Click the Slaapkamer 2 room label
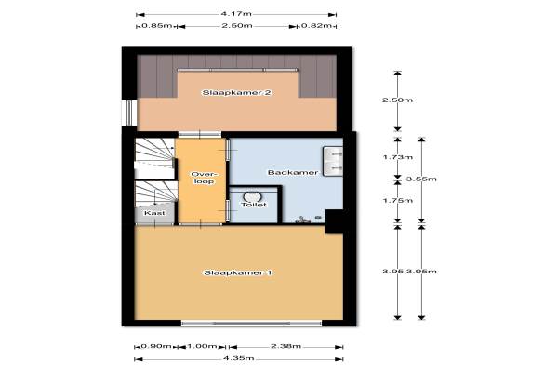[x=237, y=93]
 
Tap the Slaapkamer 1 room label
[x=238, y=273]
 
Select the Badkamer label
[x=293, y=173]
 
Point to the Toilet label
[x=254, y=205]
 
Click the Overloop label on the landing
[x=204, y=178]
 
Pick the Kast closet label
[x=154, y=213]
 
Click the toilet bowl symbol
[x=252, y=196]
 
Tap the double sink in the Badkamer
[x=333, y=161]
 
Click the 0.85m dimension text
[x=157, y=26]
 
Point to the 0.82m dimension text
[x=316, y=26]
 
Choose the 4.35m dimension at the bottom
[x=238, y=358]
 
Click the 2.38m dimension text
[x=286, y=346]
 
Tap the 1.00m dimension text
[x=202, y=346]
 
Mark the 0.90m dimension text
[x=156, y=346]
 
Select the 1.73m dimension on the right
[x=398, y=157]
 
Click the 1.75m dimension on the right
[x=398, y=201]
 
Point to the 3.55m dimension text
[x=421, y=179]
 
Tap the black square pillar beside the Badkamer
[x=335, y=221]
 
